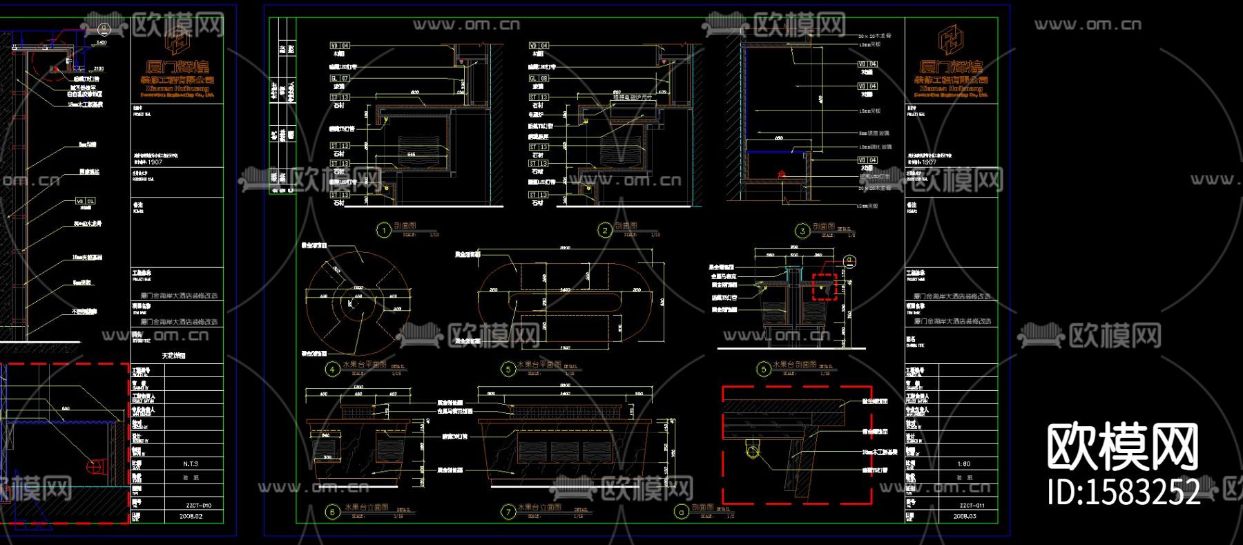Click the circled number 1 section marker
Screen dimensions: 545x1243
384,230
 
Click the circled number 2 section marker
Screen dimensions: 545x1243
605,230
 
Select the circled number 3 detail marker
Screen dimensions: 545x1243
802,231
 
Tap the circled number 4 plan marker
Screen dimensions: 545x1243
332,369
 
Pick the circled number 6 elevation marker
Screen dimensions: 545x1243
332,512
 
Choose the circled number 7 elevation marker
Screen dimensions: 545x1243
509,512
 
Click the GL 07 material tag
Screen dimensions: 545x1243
340,79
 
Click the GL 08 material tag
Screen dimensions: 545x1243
539,79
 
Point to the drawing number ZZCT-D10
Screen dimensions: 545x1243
197,506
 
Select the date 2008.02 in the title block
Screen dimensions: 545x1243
191,516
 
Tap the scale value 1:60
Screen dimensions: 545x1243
964,464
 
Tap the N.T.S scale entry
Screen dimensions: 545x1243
191,464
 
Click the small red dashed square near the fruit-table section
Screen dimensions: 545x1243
824,287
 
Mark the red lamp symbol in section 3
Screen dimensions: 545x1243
782,174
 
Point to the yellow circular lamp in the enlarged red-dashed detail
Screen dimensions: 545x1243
753,452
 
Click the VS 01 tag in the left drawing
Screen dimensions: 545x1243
86,201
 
